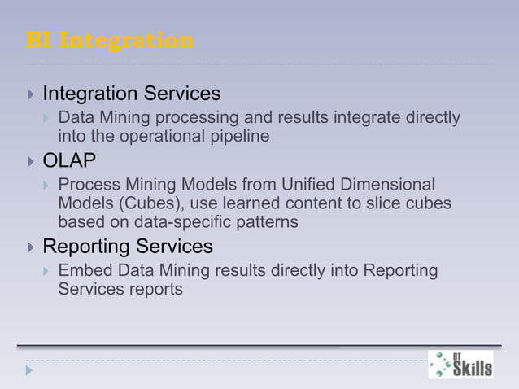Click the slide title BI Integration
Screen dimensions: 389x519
pos(110,40)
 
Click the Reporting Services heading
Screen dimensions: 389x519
pos(127,246)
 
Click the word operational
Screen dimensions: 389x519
pos(161,136)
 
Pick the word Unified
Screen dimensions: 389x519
pos(295,185)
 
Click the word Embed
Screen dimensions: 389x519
pos(81,270)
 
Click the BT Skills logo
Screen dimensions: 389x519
pos(460,364)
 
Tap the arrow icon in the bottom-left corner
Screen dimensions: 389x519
pos(30,370)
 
